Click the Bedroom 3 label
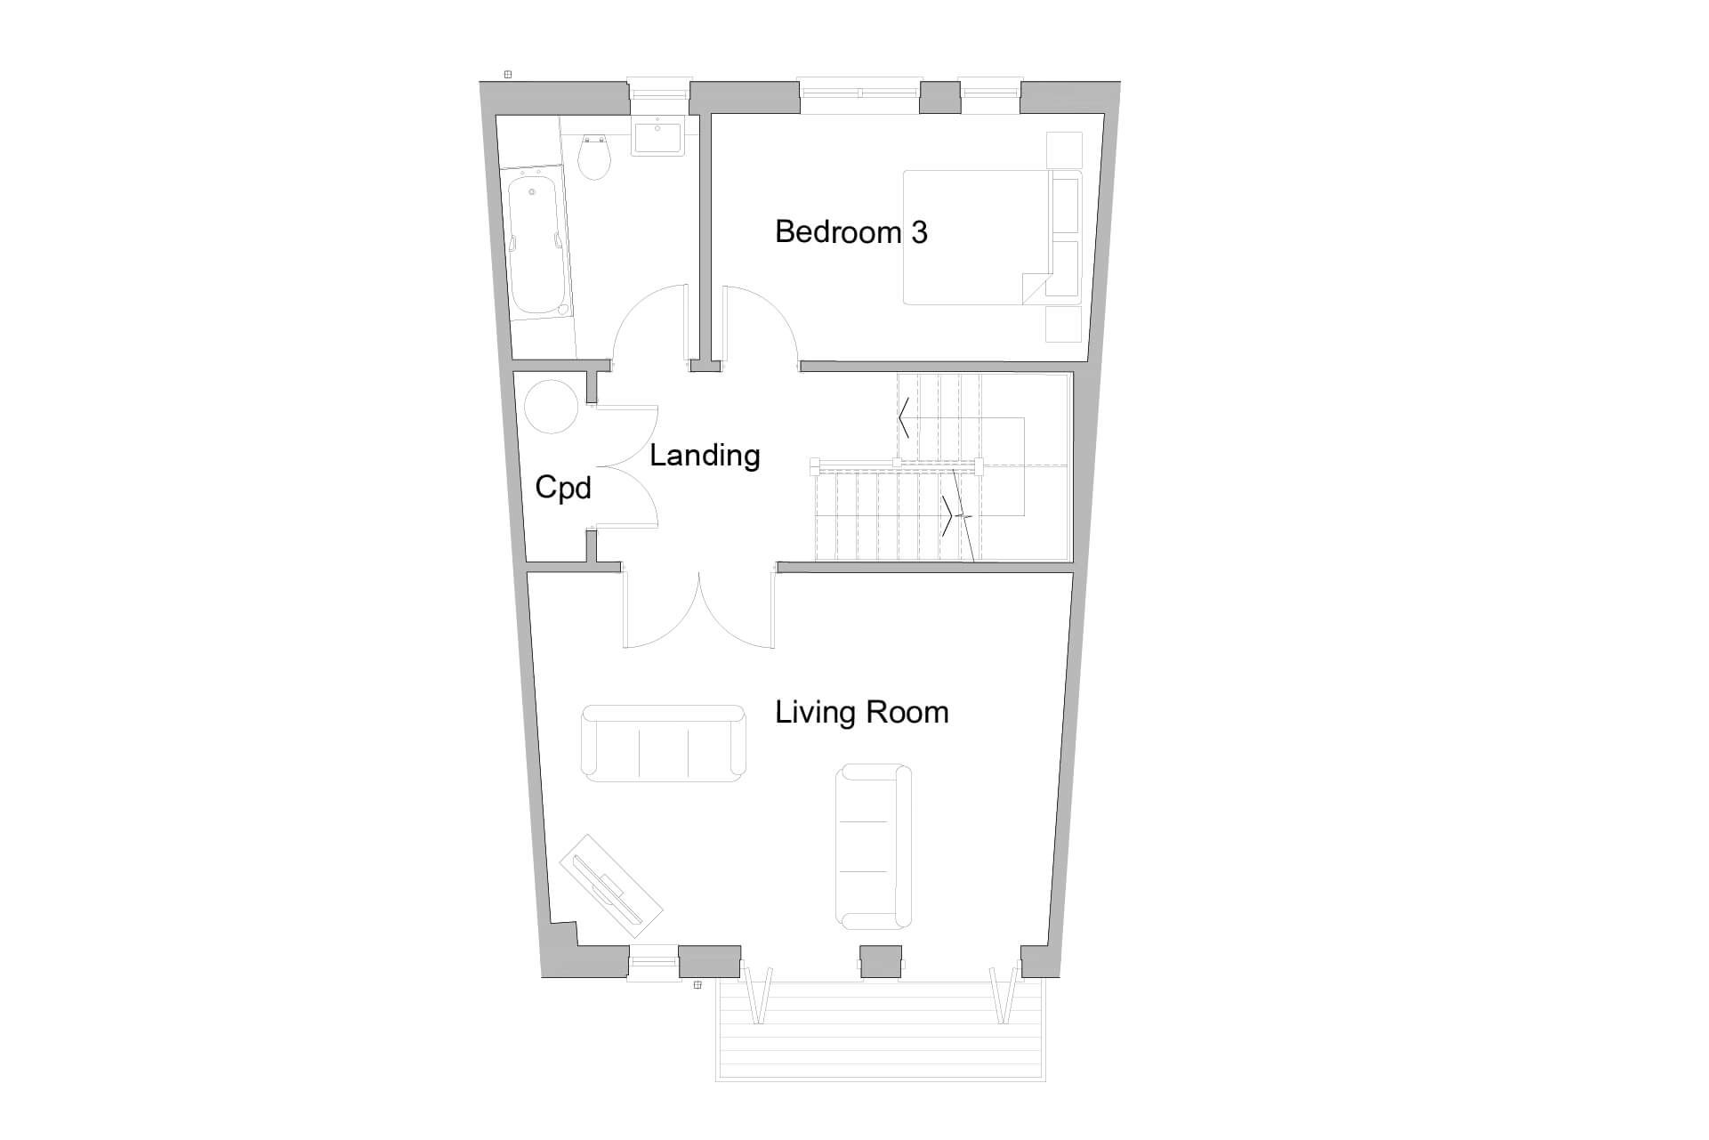850,232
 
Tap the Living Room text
861,712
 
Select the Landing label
704,456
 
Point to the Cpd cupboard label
562,489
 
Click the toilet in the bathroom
593,158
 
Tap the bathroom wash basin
657,138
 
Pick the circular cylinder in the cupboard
552,407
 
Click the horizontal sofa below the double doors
663,744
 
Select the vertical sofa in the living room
874,846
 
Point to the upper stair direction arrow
904,417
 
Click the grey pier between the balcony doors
880,963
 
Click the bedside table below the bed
1063,324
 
